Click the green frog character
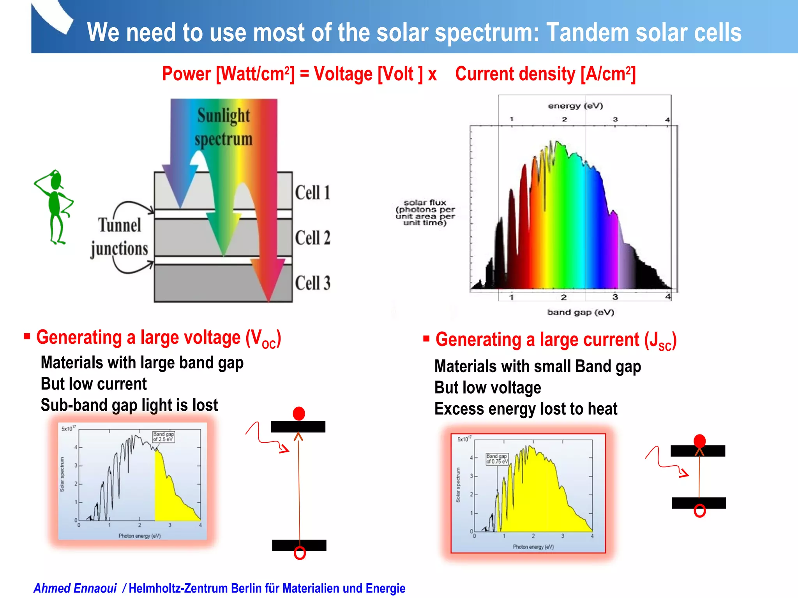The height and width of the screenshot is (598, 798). coord(55,206)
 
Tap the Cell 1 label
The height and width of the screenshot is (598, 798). coord(312,192)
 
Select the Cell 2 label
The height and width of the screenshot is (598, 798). coord(312,237)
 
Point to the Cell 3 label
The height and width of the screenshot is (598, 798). coord(312,283)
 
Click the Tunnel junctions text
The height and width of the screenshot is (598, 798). coord(119,237)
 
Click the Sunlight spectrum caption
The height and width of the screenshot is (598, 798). coord(224,127)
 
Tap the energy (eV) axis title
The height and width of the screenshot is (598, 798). coord(576,106)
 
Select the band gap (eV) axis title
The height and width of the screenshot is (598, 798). coord(581,312)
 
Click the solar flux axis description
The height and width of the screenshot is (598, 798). coord(425,213)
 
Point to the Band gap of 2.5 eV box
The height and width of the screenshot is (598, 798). coord(164,436)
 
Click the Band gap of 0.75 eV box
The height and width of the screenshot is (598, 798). coord(497,459)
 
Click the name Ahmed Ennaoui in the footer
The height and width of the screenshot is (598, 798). coord(75,588)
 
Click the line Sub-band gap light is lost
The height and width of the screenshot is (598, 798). coord(129,405)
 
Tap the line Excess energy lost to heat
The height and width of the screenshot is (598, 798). coord(526,409)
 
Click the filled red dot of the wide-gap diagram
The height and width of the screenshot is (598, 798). coord(299,413)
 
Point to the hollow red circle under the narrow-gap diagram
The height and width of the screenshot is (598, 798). coord(700,511)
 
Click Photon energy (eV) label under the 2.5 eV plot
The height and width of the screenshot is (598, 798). coord(139,536)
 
